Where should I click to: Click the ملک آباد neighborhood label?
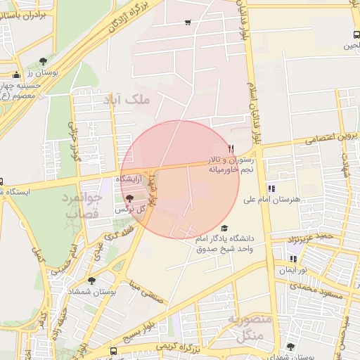[x=127, y=100]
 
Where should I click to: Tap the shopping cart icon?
[x=188, y=22]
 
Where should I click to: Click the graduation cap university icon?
[x=224, y=228]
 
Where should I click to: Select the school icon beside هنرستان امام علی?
[x=271, y=188]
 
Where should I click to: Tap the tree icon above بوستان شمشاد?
[x=91, y=281]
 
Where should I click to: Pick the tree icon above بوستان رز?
[x=44, y=61]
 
